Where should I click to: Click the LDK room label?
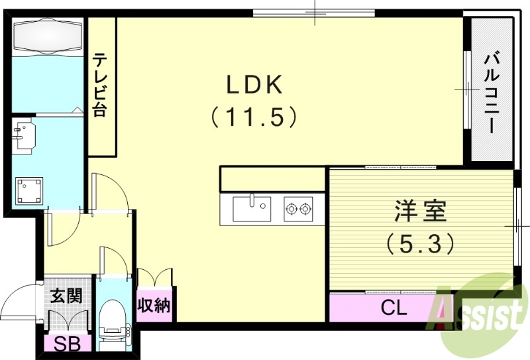tap(255, 85)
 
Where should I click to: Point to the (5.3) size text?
tap(421, 244)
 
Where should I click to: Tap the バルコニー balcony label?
tap(491, 92)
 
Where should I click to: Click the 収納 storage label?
tap(154, 306)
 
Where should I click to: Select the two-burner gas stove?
tap(297, 209)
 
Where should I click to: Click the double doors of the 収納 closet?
tap(154, 278)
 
